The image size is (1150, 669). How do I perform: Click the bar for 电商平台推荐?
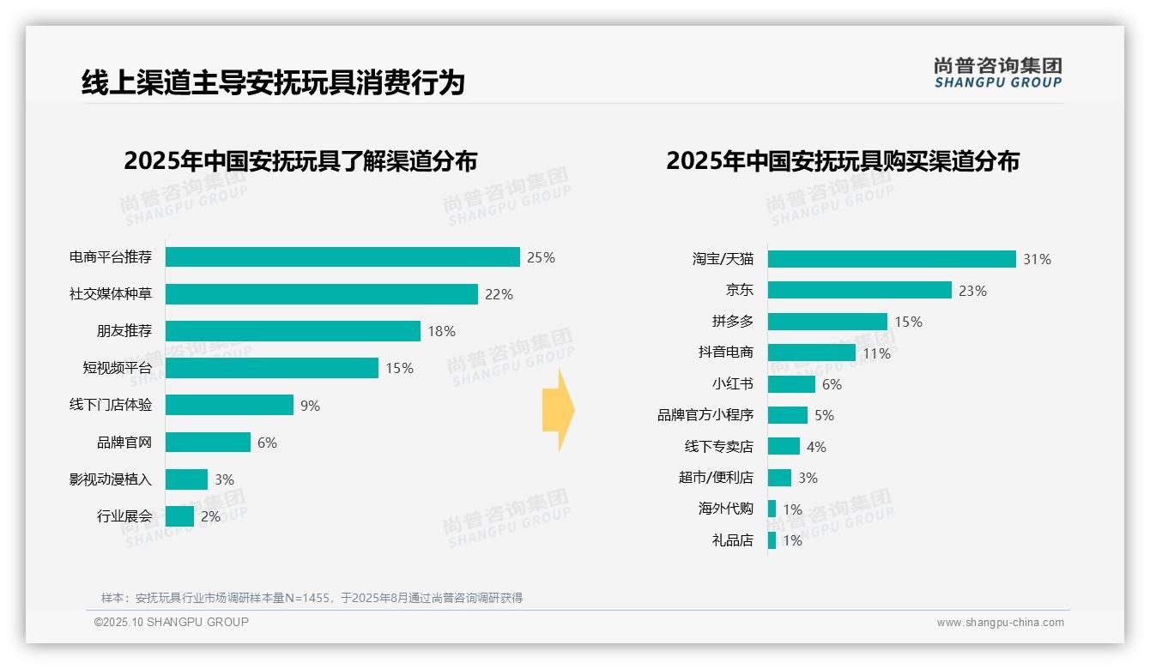pyautogui.click(x=342, y=257)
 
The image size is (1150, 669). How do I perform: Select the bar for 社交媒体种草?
pyautogui.click(x=321, y=294)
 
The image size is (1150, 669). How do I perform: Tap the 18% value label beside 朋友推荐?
pyautogui.click(x=441, y=331)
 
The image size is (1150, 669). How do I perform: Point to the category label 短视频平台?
pyautogui.click(x=117, y=368)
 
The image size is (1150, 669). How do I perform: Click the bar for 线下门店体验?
pyautogui.click(x=229, y=405)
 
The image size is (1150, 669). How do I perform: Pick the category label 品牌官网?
pyautogui.click(x=124, y=443)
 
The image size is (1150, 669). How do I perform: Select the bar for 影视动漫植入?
pyautogui.click(x=186, y=479)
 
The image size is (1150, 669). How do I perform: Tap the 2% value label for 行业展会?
pyautogui.click(x=210, y=516)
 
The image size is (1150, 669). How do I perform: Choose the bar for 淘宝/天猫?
pyautogui.click(x=892, y=259)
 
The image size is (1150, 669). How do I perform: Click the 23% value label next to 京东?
pyautogui.click(x=972, y=291)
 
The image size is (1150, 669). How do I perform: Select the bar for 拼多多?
pyautogui.click(x=827, y=322)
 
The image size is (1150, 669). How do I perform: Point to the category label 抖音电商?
pyautogui.click(x=725, y=353)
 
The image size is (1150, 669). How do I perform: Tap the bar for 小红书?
pyautogui.click(x=791, y=384)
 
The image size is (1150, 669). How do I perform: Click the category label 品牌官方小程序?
pyautogui.click(x=705, y=415)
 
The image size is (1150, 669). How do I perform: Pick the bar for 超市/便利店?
pyautogui.click(x=779, y=478)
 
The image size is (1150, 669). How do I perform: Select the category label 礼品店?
pyautogui.click(x=732, y=540)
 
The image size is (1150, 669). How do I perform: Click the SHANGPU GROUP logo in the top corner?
pyautogui.click(x=997, y=73)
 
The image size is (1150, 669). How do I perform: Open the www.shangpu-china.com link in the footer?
pyautogui.click(x=1000, y=623)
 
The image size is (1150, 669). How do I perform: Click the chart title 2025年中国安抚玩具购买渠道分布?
pyautogui.click(x=842, y=161)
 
